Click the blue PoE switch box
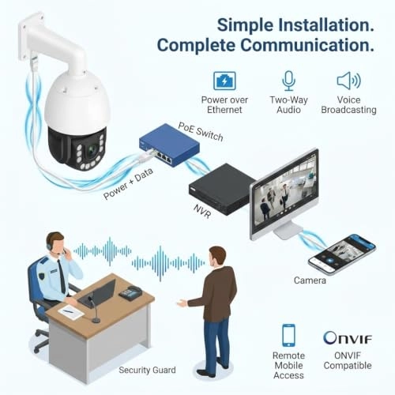pyautogui.click(x=169, y=145)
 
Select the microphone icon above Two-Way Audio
pyautogui.click(x=289, y=81)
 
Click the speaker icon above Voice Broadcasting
pyautogui.click(x=348, y=81)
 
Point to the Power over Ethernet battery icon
pyautogui.click(x=224, y=81)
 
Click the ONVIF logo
pyautogui.click(x=348, y=338)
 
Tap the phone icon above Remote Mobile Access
pyautogui.click(x=288, y=335)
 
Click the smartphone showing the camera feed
pyautogui.click(x=342, y=254)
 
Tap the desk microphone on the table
pyautogui.click(x=93, y=310)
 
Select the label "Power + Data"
pyautogui.click(x=128, y=183)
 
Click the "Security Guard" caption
pyautogui.click(x=147, y=370)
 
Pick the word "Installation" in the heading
pyautogui.click(x=326, y=25)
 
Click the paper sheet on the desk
pyautogui.click(x=70, y=312)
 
